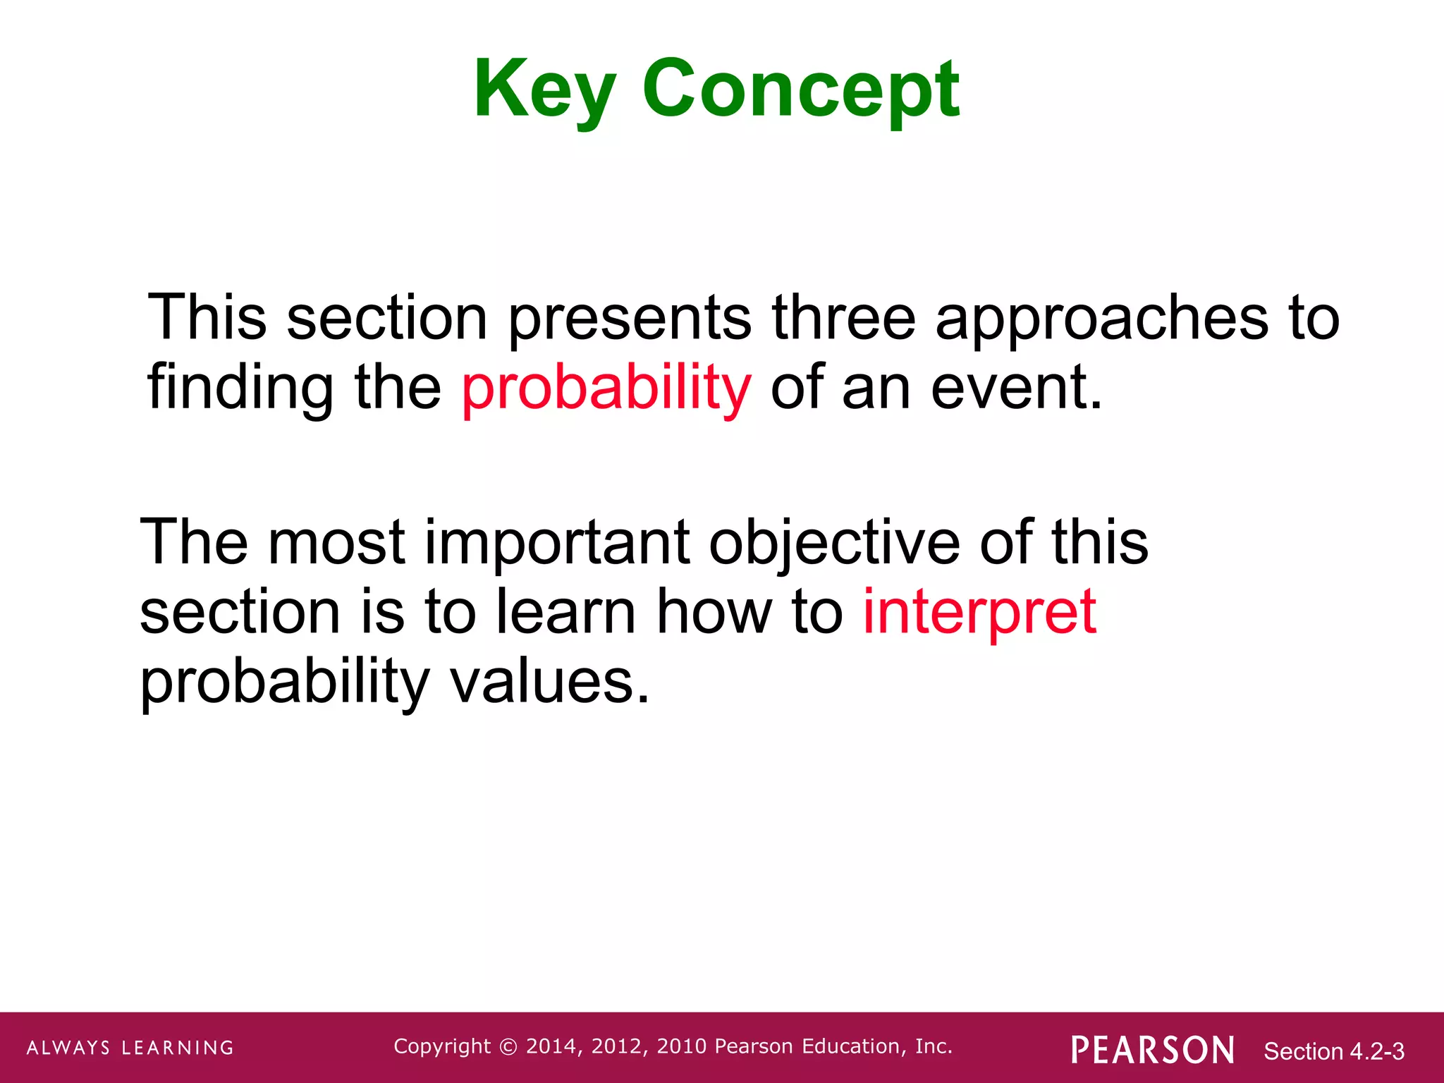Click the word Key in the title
(544, 90)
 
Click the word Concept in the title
(800, 90)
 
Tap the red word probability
(606, 389)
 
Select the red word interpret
(979, 612)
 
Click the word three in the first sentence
(843, 318)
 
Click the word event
(1015, 389)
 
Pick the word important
(557, 543)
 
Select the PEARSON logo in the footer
(1152, 1050)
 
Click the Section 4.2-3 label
(1333, 1051)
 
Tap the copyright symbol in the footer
(508, 1047)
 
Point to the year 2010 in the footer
(682, 1046)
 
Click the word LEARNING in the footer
(178, 1048)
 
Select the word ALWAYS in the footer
(68, 1048)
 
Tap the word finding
(240, 389)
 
